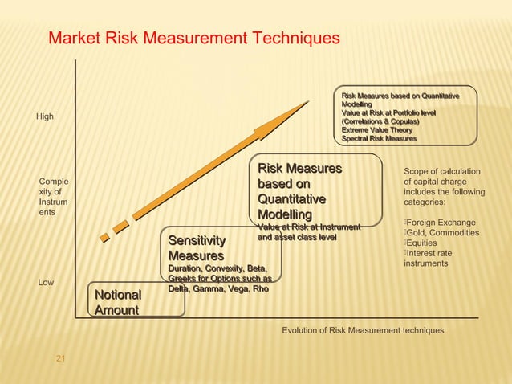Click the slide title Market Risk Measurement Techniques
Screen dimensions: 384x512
click(x=194, y=39)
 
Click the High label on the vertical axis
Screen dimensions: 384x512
click(x=45, y=117)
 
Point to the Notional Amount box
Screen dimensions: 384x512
click(x=118, y=303)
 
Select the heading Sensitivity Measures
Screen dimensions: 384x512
click(x=197, y=248)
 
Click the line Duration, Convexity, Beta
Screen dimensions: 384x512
click(x=217, y=268)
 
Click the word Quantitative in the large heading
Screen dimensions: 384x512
click(x=291, y=199)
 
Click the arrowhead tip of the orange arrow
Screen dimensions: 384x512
click(x=307, y=102)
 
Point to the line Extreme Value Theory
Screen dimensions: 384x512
click(x=377, y=130)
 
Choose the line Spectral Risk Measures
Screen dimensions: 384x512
click(x=379, y=139)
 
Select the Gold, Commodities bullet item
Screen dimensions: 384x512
click(x=443, y=233)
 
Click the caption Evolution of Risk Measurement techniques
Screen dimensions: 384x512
click(x=362, y=330)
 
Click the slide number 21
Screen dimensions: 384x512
click(x=59, y=357)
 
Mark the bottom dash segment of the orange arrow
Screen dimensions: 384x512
click(x=104, y=237)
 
